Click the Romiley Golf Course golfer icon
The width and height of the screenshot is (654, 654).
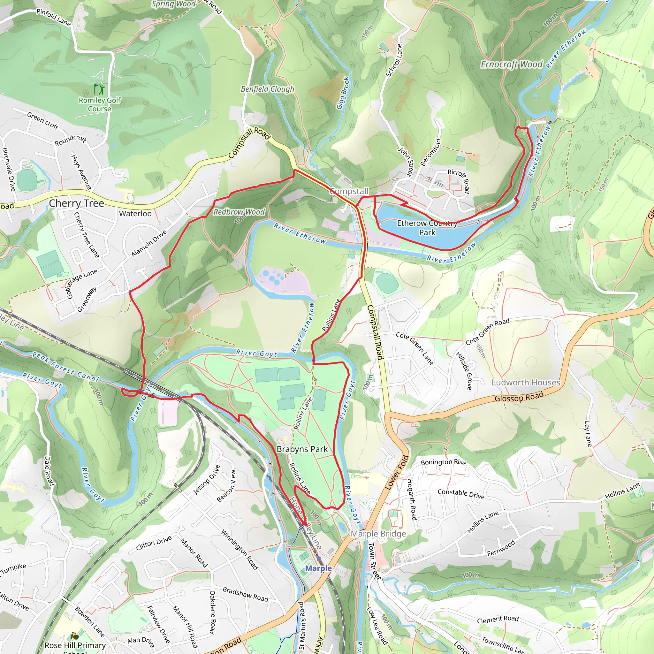(x=99, y=89)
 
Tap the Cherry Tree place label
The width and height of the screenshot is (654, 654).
(x=76, y=203)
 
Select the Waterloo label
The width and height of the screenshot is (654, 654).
(x=135, y=214)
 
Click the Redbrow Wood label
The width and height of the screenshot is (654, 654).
(x=239, y=212)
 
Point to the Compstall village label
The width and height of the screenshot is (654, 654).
(x=349, y=191)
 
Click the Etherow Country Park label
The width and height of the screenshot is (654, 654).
(x=427, y=228)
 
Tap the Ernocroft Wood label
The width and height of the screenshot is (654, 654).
(x=511, y=64)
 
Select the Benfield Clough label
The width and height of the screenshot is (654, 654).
(x=267, y=89)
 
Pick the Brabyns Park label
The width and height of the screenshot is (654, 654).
(x=302, y=449)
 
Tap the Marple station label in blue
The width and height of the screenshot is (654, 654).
(x=318, y=568)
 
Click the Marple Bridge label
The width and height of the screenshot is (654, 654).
(x=378, y=534)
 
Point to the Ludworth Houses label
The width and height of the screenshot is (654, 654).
(x=526, y=383)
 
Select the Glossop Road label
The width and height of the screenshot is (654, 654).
(x=519, y=397)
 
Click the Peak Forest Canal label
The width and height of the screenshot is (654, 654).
(x=65, y=367)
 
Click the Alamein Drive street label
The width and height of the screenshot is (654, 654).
(x=149, y=243)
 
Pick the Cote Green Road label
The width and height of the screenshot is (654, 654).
(x=487, y=331)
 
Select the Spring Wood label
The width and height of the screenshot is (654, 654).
(x=173, y=4)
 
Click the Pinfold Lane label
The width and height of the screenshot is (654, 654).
(x=53, y=18)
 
